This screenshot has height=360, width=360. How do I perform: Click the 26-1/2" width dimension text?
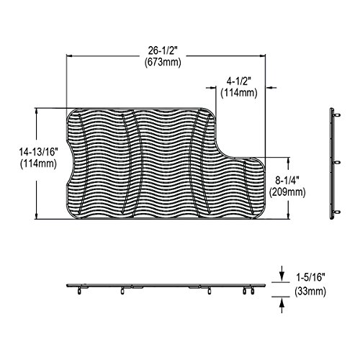(163, 50)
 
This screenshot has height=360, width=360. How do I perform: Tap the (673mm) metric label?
(163, 63)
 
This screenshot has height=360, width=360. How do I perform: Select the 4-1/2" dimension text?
(239, 81)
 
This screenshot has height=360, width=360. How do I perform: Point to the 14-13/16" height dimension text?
(39, 152)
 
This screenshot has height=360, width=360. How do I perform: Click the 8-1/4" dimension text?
(287, 180)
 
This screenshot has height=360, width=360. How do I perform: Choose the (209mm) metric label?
(287, 192)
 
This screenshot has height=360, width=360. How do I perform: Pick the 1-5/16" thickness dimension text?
(310, 278)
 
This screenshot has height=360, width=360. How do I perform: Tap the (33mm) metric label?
(310, 292)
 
